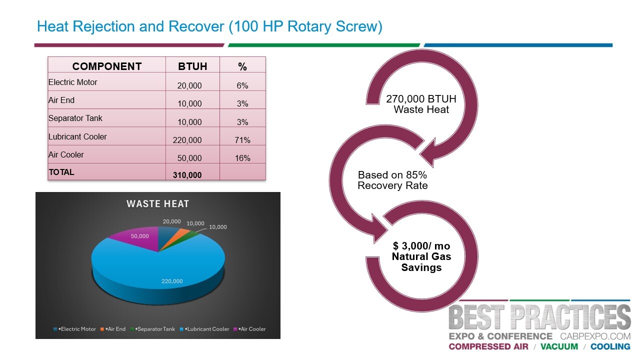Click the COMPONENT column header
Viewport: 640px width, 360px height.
tap(106, 66)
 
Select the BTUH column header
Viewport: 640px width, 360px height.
tap(192, 66)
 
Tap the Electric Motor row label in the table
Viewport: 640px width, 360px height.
tap(73, 82)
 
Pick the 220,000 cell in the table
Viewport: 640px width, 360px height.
tap(187, 140)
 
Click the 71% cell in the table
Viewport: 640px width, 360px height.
tap(242, 140)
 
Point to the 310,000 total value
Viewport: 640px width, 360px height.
tap(187, 175)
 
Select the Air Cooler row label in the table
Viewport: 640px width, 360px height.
tap(66, 154)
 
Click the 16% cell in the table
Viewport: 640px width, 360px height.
tap(242, 158)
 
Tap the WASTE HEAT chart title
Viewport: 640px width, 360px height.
tap(157, 203)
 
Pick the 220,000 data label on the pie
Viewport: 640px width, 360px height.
tap(172, 281)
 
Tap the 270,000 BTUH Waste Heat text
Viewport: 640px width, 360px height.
tap(421, 104)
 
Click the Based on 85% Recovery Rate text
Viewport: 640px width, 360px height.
tap(392, 180)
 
